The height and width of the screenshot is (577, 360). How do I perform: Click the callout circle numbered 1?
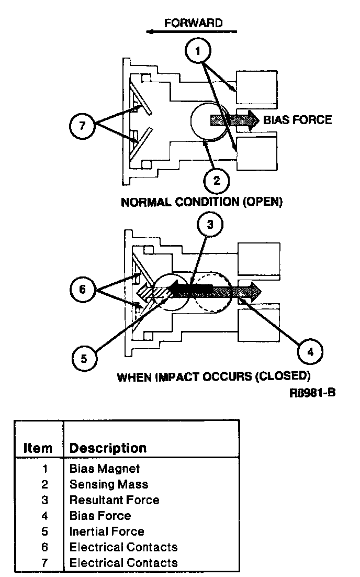pos(198,51)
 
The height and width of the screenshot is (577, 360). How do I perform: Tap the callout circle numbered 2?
pos(217,180)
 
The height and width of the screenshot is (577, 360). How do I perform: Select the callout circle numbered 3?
pos(210,224)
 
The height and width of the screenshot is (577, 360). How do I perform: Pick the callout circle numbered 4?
pos(310,352)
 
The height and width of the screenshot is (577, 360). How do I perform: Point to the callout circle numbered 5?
pos(84,359)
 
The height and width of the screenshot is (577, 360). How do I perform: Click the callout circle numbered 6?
pos(82,289)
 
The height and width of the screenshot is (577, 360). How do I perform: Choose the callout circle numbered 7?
pos(82,126)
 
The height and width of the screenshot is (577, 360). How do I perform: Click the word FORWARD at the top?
pos(194,23)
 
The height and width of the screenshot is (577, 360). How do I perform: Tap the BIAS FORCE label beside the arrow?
pos(298,120)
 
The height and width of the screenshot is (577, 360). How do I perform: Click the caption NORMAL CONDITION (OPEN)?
pos(201,202)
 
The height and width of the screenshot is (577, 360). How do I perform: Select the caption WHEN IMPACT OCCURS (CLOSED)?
pos(213,377)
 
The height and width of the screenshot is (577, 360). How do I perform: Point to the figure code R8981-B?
pos(312,393)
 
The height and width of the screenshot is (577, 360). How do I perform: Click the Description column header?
pos(108,448)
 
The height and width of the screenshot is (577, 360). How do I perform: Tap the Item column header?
pos(38,448)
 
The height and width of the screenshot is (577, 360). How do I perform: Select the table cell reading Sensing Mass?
pos(109,484)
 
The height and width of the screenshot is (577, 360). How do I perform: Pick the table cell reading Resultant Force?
pos(115,500)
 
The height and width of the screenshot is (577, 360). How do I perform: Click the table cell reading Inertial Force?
pos(107,531)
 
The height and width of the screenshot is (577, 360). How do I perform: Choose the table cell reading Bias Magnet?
pos(105,469)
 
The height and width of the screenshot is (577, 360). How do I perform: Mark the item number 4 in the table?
pos(44,516)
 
